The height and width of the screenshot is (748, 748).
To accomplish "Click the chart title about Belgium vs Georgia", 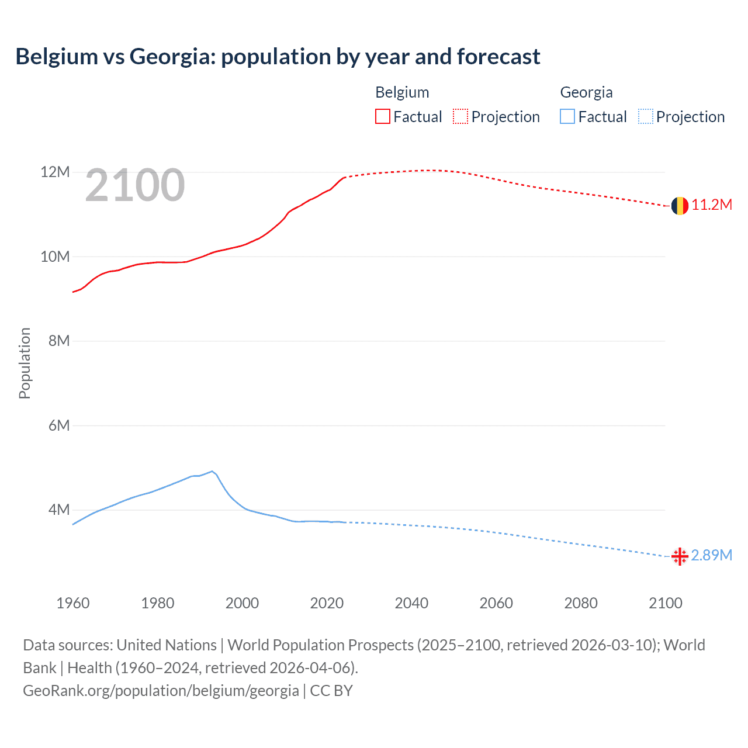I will (278, 57).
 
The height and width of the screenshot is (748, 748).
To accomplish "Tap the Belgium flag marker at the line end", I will (679, 206).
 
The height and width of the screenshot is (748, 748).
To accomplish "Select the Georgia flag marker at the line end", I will (679, 556).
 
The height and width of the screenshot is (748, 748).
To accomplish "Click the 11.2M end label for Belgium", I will (711, 205).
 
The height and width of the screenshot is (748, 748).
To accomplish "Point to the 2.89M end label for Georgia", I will (711, 555).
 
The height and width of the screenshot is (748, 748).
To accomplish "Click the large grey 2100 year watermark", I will (135, 186).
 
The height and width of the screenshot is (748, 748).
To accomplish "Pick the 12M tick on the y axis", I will (55, 172).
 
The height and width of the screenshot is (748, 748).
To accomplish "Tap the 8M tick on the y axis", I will (59, 341).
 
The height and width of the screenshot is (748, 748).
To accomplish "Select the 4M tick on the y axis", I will (59, 510).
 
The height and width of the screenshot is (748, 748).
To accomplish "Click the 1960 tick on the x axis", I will (73, 603).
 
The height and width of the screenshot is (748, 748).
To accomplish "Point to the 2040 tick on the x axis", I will (411, 603).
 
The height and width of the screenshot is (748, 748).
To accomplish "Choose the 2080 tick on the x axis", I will (581, 603).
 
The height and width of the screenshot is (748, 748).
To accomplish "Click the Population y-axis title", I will (25, 363).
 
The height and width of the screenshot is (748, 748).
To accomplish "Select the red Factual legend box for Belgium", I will (382, 117).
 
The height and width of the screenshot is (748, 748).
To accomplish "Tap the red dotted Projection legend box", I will (460, 117).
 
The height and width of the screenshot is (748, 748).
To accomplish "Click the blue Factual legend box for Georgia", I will (567, 117).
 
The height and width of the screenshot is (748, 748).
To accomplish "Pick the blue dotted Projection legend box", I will (645, 117).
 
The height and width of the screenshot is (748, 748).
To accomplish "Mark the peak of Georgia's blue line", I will (212, 471).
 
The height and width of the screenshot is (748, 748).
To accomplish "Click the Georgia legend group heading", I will (586, 92).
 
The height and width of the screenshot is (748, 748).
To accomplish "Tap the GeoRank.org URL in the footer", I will (161, 691).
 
